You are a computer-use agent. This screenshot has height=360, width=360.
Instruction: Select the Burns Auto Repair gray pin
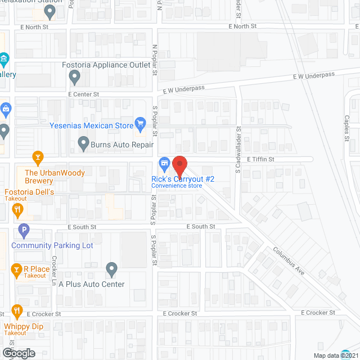coord(83,143)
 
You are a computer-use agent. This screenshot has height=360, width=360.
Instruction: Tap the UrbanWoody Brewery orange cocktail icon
coord(38,156)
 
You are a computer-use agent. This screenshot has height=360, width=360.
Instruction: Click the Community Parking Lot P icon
coord(24,230)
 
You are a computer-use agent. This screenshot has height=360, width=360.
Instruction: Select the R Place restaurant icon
coord(17,271)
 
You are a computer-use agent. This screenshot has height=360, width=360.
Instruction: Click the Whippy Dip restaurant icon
coord(17,310)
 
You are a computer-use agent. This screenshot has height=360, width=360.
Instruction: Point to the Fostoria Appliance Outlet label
coord(106,65)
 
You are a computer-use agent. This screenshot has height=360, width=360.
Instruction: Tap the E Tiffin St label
coord(260,160)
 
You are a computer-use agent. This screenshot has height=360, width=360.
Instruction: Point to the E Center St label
coord(83,94)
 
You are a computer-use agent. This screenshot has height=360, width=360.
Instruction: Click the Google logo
coord(18,353)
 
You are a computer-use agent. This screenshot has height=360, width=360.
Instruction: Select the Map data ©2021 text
coord(335,355)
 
